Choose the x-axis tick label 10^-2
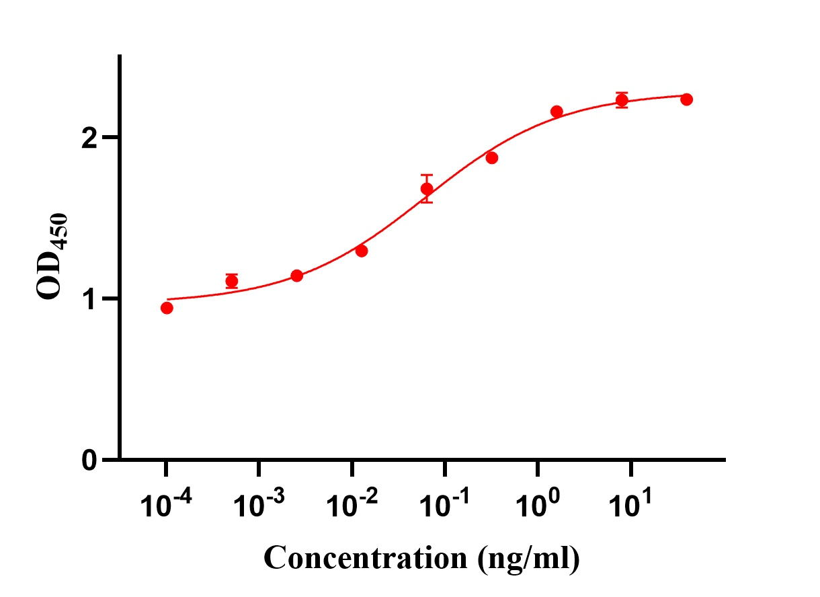click(x=350, y=504)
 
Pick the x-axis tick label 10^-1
click(x=444, y=504)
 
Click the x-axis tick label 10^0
click(x=536, y=504)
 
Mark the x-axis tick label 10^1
click(x=629, y=504)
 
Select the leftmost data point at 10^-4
click(x=167, y=308)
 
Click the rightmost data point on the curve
click(x=686, y=99)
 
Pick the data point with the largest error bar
click(x=427, y=189)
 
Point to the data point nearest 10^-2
click(x=362, y=251)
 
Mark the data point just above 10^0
click(x=557, y=112)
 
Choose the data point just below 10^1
click(x=622, y=100)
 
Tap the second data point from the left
click(x=232, y=282)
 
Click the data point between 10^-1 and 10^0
click(x=491, y=158)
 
